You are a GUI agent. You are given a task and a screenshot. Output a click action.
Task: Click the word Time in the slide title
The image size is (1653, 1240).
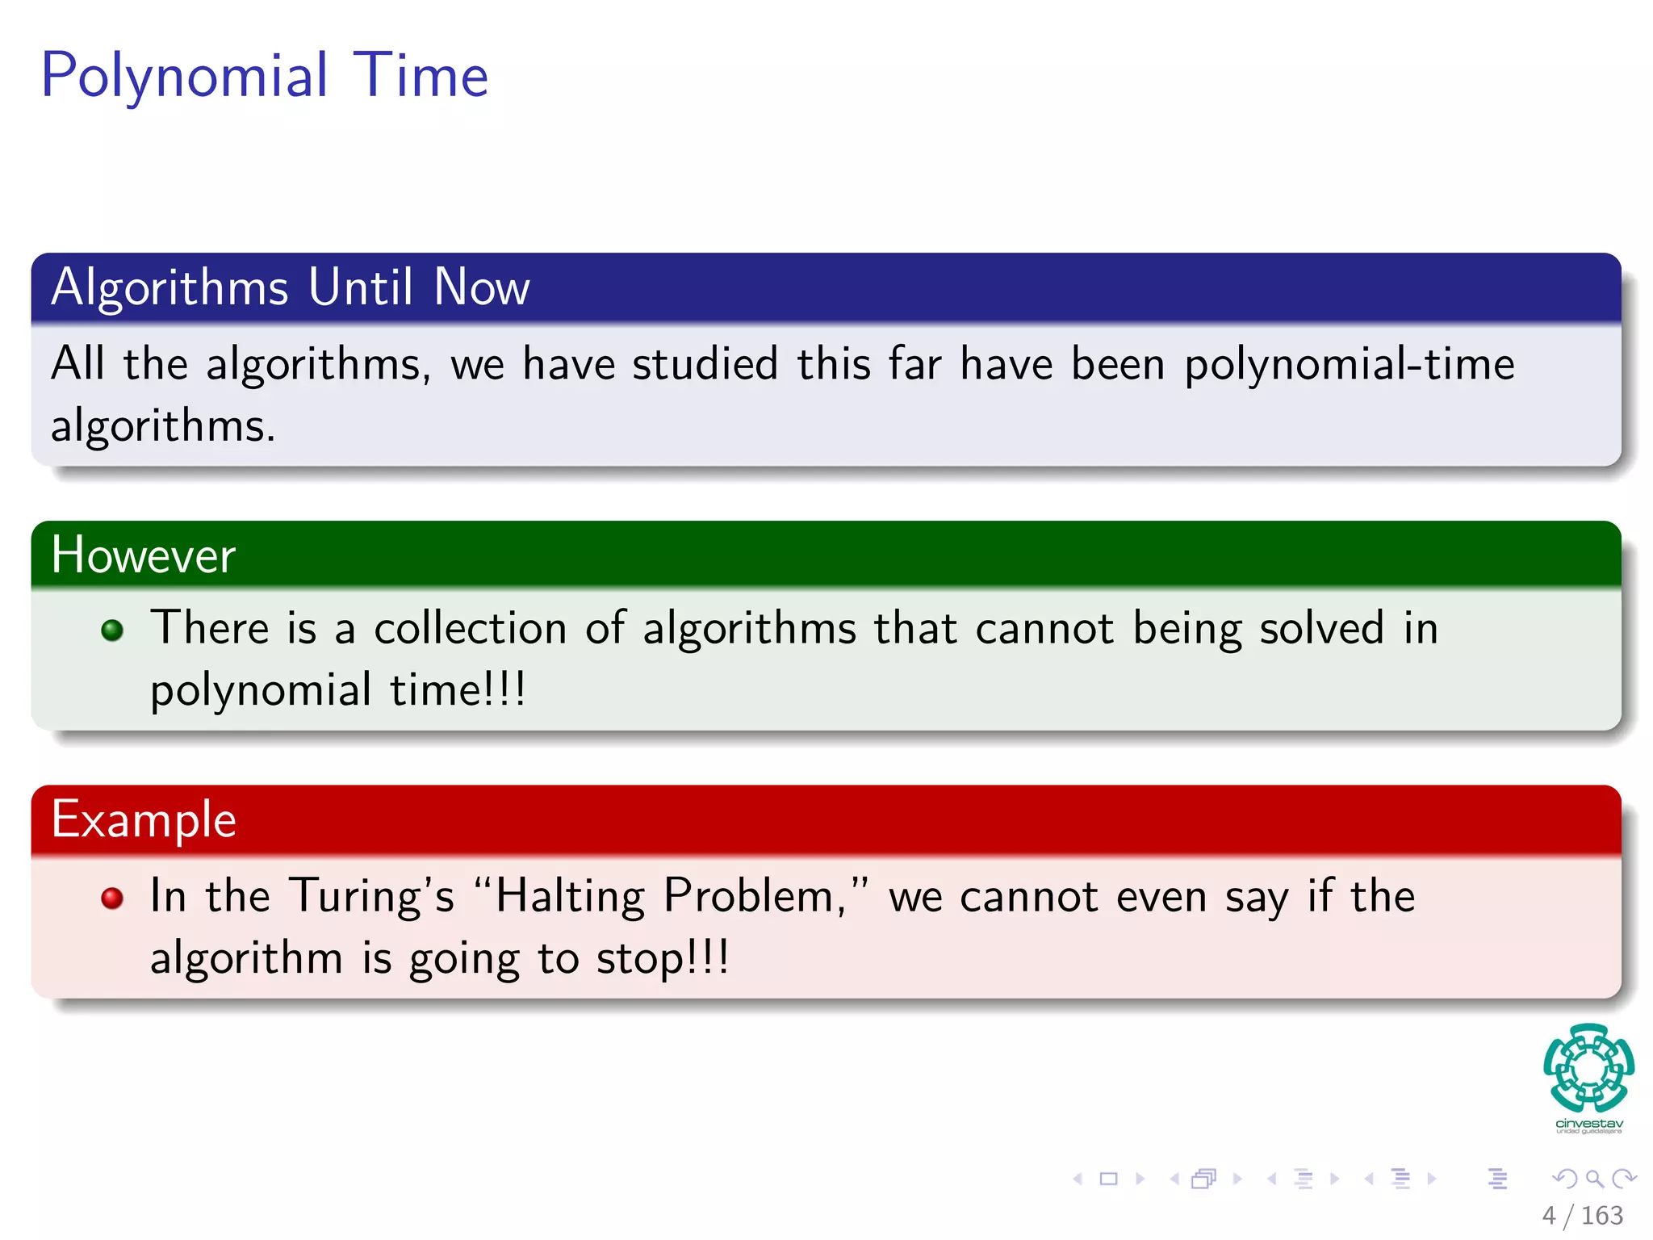(x=421, y=75)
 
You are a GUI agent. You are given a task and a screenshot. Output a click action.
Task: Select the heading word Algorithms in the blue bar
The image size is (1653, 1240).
(x=169, y=287)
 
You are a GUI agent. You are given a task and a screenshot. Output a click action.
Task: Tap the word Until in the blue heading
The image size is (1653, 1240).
(x=361, y=287)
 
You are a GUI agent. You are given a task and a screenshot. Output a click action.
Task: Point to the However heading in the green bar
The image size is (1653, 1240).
(x=143, y=555)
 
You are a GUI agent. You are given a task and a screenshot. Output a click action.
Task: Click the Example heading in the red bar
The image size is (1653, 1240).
(x=144, y=820)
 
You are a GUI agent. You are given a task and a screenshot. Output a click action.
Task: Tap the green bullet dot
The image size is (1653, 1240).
(x=112, y=630)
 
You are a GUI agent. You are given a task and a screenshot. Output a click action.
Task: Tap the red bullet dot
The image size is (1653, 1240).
(x=112, y=898)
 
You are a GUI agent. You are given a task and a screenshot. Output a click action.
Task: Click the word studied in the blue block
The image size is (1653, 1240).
(x=705, y=364)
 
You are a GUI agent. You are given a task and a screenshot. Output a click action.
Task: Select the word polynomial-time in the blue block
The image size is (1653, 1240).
(x=1349, y=364)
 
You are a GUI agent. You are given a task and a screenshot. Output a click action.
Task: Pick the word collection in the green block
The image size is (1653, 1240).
(x=471, y=629)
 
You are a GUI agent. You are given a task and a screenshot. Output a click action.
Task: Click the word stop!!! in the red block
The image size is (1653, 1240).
(x=663, y=958)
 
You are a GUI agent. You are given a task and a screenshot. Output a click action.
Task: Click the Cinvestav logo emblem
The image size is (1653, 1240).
(x=1588, y=1068)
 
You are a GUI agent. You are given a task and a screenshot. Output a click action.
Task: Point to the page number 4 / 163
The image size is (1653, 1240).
(x=1582, y=1216)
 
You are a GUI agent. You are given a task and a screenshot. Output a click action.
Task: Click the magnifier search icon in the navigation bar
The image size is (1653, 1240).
(x=1594, y=1179)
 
